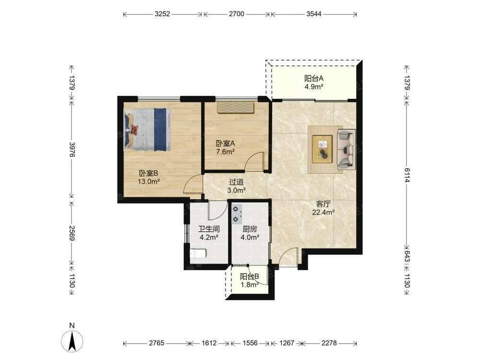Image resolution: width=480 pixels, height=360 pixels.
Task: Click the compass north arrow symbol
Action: pyautogui.click(x=72, y=341)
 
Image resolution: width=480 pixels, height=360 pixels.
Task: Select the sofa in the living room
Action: pyautogui.click(x=346, y=149)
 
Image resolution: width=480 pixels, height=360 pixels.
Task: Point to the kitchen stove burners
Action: pyautogui.click(x=237, y=214)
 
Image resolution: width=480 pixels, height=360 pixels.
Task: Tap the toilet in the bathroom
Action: pyautogui.click(x=198, y=254)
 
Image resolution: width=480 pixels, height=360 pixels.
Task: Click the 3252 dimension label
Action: pyautogui.click(x=162, y=14)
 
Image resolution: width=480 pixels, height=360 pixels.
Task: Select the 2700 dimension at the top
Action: pyautogui.click(x=237, y=14)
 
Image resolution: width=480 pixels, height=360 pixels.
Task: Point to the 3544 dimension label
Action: pyautogui.click(x=314, y=14)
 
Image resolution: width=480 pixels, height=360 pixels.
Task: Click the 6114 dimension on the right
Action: pyautogui.click(x=407, y=175)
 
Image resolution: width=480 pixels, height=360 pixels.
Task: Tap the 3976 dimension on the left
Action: pyautogui.click(x=72, y=150)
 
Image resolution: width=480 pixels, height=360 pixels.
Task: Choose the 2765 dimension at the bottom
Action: pyautogui.click(x=157, y=343)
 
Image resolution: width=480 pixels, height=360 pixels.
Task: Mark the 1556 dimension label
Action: pyautogui.click(x=250, y=343)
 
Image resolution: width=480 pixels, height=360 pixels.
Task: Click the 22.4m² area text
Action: pyautogui.click(x=323, y=212)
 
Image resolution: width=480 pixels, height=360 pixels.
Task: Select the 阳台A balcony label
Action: pyautogui.click(x=314, y=78)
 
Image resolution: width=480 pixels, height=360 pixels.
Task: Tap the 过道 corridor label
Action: pyautogui.click(x=236, y=182)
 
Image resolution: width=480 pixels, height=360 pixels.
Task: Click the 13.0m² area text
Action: pyautogui.click(x=149, y=181)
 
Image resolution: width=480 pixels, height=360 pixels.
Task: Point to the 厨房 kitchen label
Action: pyautogui.click(x=250, y=229)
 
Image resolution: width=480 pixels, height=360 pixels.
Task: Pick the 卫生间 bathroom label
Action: pyautogui.click(x=209, y=229)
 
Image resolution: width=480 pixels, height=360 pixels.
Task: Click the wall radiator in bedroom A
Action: pyautogui.click(x=236, y=108)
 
